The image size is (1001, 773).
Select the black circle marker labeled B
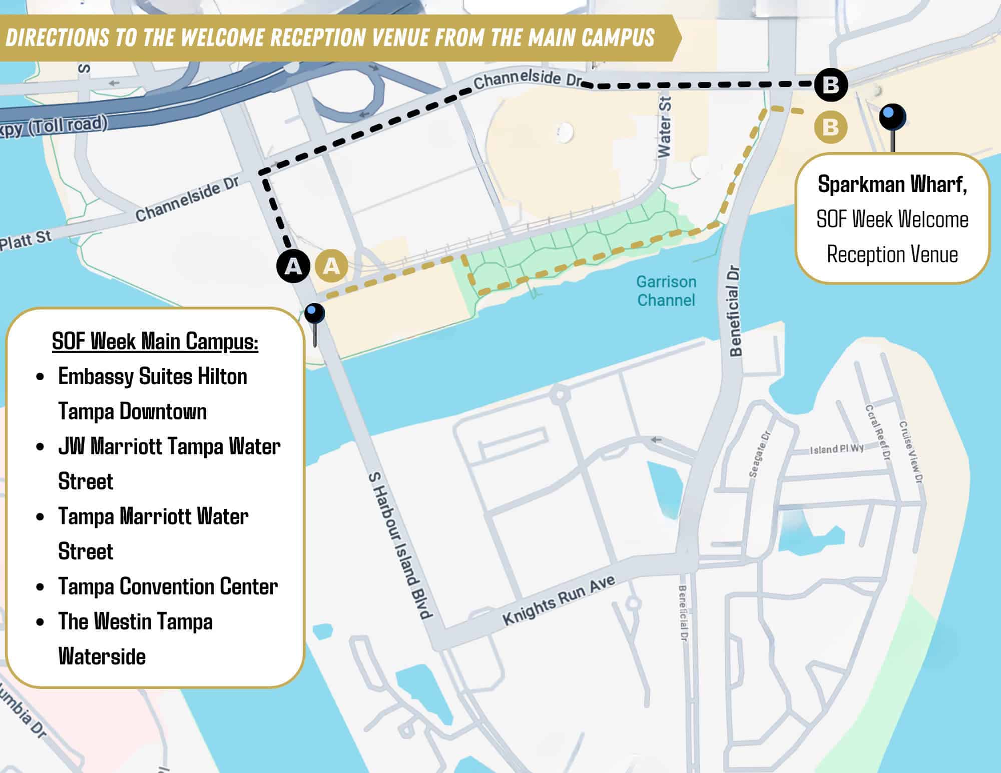pos(830,85)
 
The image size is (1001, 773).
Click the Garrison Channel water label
pos(666,291)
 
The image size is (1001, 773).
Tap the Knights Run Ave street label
pos(559,600)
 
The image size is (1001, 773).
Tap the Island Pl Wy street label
pos(836,449)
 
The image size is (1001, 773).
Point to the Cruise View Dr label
pos(911,452)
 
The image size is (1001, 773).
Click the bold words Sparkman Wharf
pos(892,185)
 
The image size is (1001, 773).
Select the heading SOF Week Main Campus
pos(155,341)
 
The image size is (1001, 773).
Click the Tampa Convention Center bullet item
pos(168,586)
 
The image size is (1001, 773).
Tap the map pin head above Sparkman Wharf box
pos(892,116)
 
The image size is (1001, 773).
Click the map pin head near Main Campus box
pos(314,314)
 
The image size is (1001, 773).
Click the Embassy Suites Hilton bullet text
pos(153,376)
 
